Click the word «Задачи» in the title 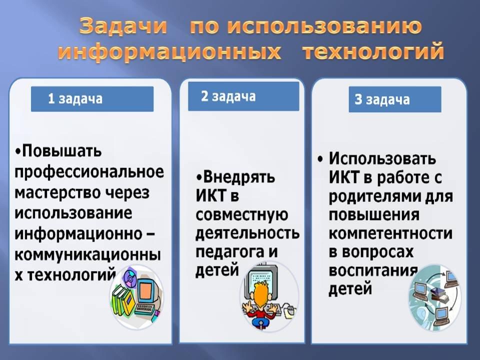(123, 26)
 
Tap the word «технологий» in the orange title (373, 52)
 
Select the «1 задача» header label (75, 99)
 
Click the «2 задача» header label (228, 96)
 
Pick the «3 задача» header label (382, 99)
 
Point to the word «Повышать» (61, 151)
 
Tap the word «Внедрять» (239, 177)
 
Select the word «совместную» (242, 215)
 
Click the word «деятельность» (247, 233)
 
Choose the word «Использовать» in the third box (382, 159)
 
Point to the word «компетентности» (390, 233)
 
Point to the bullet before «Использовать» (320, 159)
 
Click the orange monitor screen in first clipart (145, 290)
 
